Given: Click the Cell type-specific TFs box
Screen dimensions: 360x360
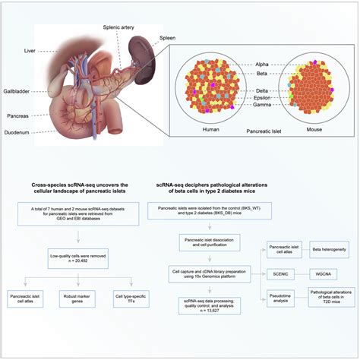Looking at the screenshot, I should click(131, 297).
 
